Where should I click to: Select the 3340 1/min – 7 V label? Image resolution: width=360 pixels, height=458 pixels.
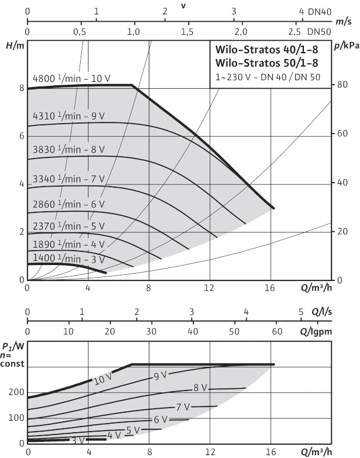point(69,178)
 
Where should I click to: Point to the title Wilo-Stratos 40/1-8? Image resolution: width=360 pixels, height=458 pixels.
point(267,50)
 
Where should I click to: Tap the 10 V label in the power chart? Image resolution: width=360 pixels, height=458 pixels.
point(102,378)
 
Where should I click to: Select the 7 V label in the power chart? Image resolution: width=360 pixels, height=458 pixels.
point(183,407)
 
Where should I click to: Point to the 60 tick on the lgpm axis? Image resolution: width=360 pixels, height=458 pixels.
point(277,331)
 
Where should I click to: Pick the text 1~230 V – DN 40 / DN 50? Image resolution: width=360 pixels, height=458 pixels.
point(267,76)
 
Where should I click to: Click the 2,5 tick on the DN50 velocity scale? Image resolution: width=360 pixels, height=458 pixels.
point(295,31)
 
